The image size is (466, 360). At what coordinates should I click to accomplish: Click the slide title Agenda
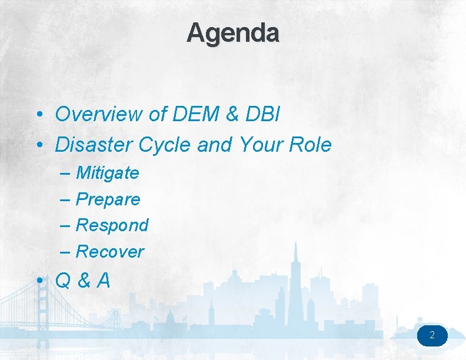pyautogui.click(x=233, y=33)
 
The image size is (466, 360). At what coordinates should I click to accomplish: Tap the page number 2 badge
pyautogui.click(x=432, y=336)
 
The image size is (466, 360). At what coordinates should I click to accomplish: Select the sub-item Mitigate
pyautogui.click(x=108, y=173)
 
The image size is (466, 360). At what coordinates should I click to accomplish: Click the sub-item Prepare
pyautogui.click(x=108, y=199)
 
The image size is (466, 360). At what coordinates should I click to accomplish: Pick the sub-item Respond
pyautogui.click(x=112, y=225)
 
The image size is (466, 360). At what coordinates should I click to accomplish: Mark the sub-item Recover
pyautogui.click(x=110, y=252)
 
